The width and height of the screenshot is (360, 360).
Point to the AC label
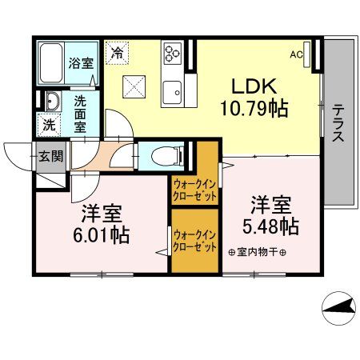[296, 54]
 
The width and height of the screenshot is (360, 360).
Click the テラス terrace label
[338, 122]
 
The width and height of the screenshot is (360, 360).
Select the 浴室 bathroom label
[78, 62]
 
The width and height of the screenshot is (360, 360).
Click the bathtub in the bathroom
[51, 62]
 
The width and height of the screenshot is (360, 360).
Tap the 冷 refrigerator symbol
[118, 54]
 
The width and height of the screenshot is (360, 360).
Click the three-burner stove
[173, 54]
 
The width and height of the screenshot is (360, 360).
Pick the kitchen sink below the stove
[173, 93]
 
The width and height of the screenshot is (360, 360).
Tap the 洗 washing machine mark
[48, 125]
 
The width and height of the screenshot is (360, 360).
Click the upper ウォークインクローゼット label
[194, 190]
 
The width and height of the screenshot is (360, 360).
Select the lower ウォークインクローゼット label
[194, 240]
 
